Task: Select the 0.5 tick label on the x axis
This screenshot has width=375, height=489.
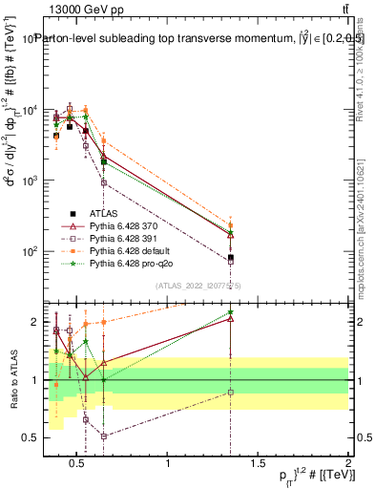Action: [79, 465]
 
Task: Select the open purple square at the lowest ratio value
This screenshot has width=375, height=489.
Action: [103, 436]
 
